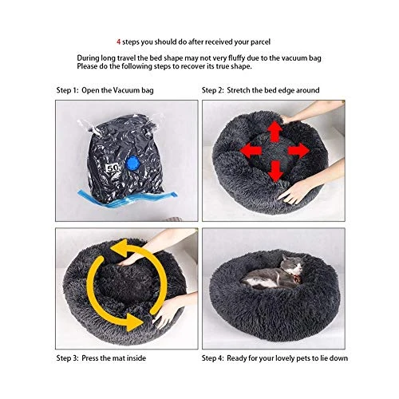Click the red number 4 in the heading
[x=119, y=42]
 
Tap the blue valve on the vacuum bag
[x=132, y=163]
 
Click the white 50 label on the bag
[x=113, y=168]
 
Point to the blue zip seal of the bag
[x=128, y=199]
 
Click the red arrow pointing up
[x=275, y=132]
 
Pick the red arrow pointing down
[x=275, y=171]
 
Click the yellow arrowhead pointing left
[x=119, y=248]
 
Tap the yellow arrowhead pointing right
[x=134, y=322]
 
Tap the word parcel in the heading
[x=259, y=42]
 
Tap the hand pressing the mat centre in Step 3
[x=130, y=259]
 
